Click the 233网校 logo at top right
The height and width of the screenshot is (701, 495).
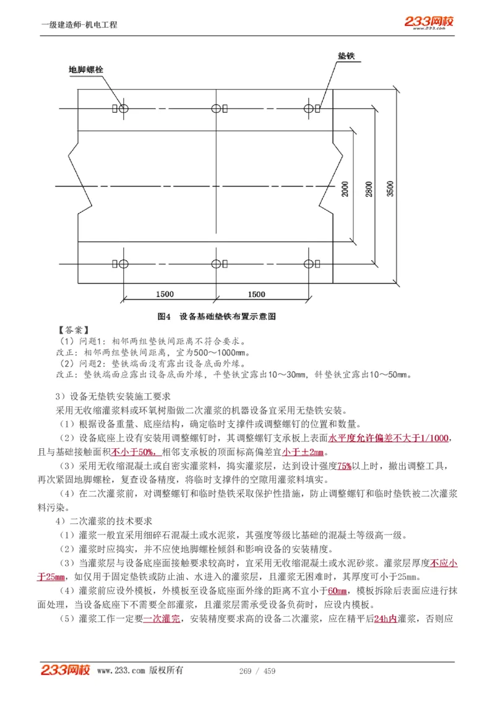point(429,22)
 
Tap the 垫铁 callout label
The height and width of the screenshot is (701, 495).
point(346,56)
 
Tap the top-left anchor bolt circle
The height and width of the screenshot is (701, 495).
point(124,109)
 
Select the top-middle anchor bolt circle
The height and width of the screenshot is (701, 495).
point(216,109)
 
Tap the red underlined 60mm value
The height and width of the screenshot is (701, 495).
point(337,590)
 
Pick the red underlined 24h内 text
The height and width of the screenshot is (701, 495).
point(385,618)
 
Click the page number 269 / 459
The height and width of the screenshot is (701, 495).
point(257,671)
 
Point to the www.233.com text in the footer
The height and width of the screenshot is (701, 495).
point(121,671)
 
